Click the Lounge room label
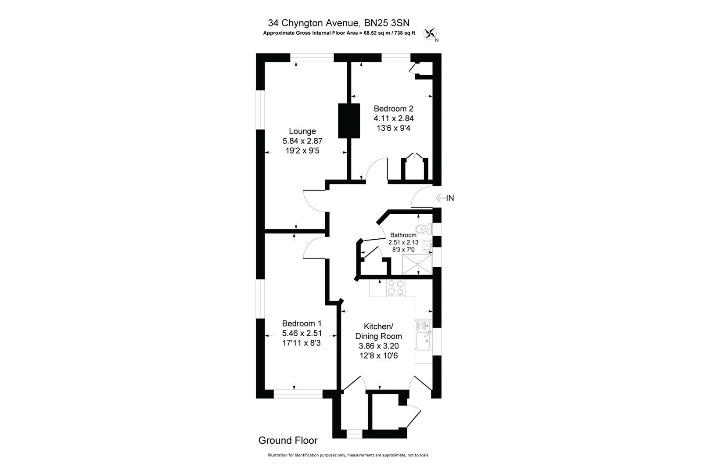(302, 131)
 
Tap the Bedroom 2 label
(393, 108)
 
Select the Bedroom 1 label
(302, 323)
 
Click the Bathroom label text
(403, 235)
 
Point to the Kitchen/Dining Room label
(378, 331)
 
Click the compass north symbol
(430, 33)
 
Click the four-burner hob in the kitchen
(395, 288)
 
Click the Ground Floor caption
(288, 440)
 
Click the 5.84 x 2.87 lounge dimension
(302, 141)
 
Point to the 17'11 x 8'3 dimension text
(302, 343)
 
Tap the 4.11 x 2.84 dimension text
(393, 118)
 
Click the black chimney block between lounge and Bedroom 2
(349, 120)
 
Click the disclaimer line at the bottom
(348, 455)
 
